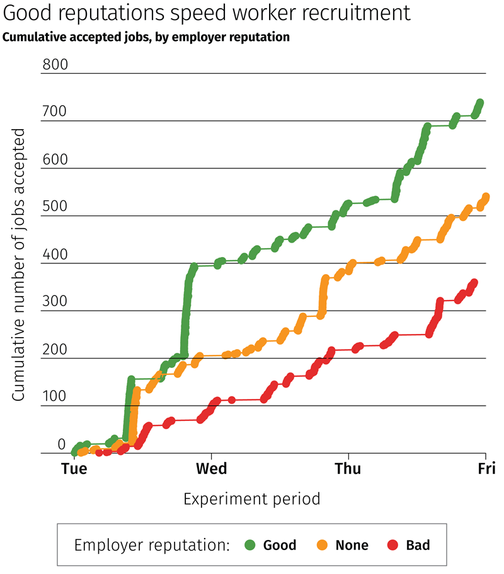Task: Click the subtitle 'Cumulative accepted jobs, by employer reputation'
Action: click(x=146, y=37)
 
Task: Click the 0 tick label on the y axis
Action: click(x=62, y=444)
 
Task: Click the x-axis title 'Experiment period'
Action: click(x=252, y=499)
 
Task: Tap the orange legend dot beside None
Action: click(x=322, y=544)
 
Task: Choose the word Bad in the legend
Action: click(x=417, y=544)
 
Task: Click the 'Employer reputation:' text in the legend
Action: click(x=151, y=544)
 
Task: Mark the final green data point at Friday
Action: click(x=479, y=103)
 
